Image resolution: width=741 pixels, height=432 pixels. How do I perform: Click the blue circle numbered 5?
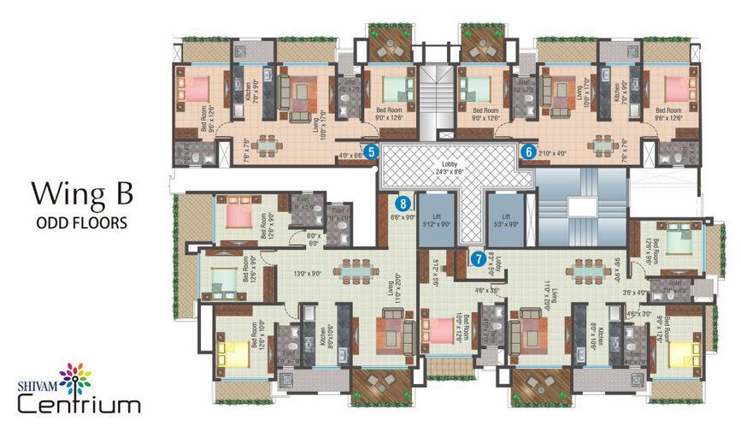pos(371,152)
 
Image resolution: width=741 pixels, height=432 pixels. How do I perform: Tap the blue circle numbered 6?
pos(528,152)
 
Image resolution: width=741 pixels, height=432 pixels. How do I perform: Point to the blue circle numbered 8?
pos(402,204)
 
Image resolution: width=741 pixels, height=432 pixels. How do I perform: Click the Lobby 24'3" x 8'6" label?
pos(450,168)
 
